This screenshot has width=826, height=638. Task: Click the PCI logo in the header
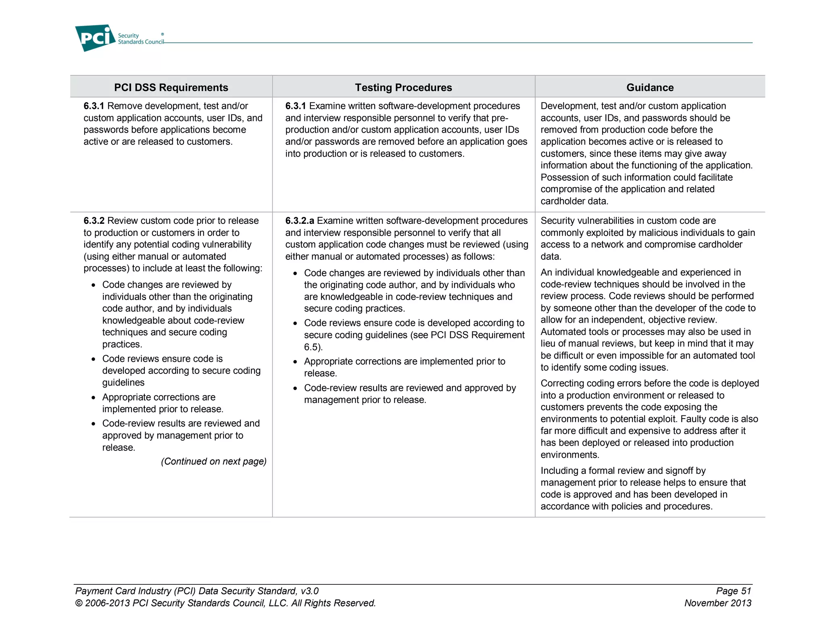pyautogui.click(x=95, y=38)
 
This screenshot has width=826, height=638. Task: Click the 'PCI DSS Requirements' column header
pyautogui.click(x=171, y=88)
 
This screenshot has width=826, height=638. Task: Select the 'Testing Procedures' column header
pyautogui.click(x=403, y=88)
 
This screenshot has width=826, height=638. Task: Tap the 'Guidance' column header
pyautogui.click(x=650, y=88)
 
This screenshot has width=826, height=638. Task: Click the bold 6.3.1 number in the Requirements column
pyautogui.click(x=94, y=106)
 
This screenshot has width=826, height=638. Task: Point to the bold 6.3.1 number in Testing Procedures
pyautogui.click(x=295, y=106)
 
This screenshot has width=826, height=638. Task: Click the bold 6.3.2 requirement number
pyautogui.click(x=94, y=221)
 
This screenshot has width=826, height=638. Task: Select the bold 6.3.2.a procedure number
pyautogui.click(x=299, y=221)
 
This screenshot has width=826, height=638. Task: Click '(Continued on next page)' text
pyautogui.click(x=214, y=461)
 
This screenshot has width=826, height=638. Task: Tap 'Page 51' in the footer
pyautogui.click(x=733, y=591)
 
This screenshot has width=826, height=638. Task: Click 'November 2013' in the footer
pyautogui.click(x=718, y=603)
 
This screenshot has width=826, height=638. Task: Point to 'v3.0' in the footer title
pyautogui.click(x=309, y=591)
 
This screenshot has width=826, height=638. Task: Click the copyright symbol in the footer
pyautogui.click(x=79, y=604)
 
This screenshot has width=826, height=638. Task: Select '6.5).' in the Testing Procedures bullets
pyautogui.click(x=313, y=347)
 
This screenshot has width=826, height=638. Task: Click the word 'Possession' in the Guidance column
pyautogui.click(x=564, y=177)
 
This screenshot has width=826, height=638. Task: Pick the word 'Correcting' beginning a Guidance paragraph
pyautogui.click(x=562, y=384)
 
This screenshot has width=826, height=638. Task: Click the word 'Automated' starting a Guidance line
pyautogui.click(x=563, y=332)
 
